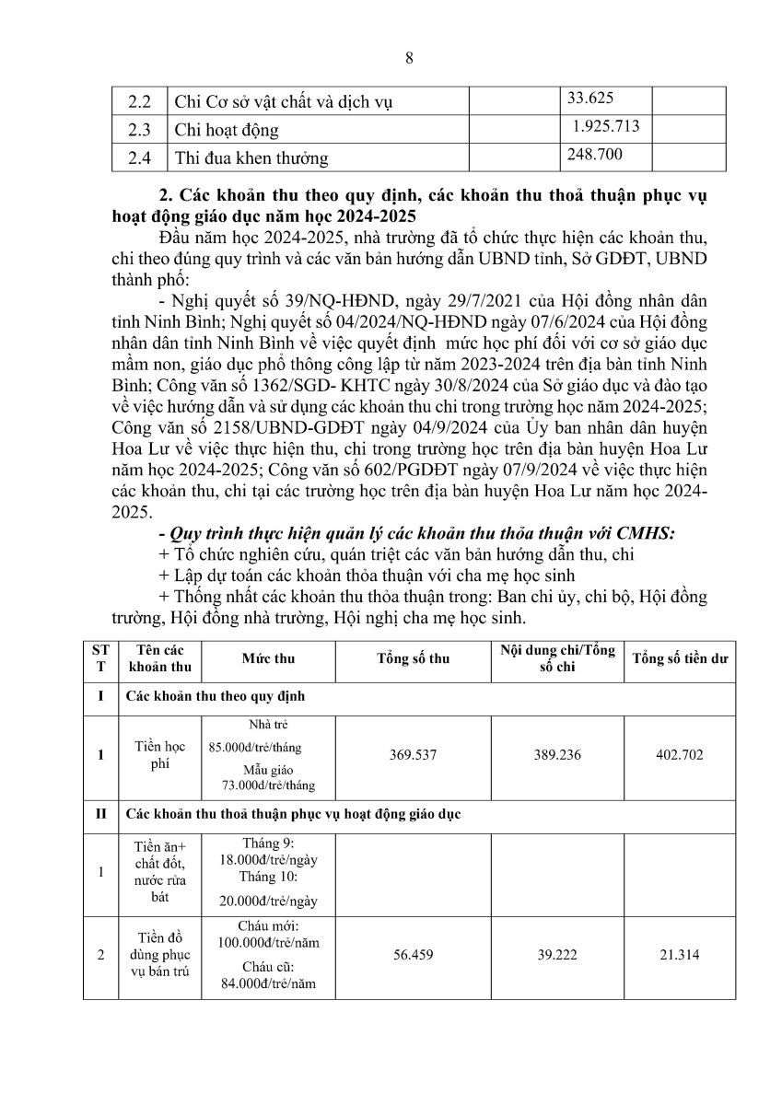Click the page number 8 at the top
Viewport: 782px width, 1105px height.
[x=409, y=58]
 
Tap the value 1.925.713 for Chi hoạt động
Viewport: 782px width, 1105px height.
[x=605, y=125]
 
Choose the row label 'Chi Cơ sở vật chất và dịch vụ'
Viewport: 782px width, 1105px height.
[x=284, y=102]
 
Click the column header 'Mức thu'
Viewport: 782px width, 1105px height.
[x=268, y=660]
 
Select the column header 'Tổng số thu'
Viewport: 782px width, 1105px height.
[x=413, y=660]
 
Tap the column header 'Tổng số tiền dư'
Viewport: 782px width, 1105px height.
[x=681, y=660]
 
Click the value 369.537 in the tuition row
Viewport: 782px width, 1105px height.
[x=413, y=755]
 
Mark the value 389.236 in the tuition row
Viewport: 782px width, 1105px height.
[x=557, y=755]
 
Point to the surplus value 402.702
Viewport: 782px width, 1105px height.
[x=681, y=755]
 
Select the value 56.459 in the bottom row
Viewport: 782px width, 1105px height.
[x=413, y=956]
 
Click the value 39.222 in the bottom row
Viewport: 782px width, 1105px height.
[x=557, y=956]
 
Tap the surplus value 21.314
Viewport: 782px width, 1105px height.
[x=681, y=956]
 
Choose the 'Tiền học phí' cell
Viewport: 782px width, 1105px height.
[x=161, y=755]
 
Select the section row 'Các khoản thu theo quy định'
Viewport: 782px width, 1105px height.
[x=215, y=697]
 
